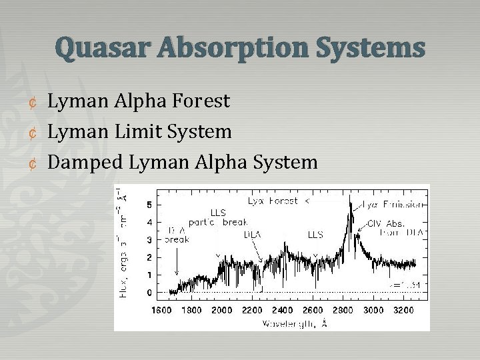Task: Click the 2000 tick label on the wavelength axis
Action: [222, 310]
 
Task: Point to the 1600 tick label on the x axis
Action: [161, 310]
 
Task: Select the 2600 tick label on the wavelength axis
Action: [313, 310]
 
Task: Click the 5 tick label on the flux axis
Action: [149, 204]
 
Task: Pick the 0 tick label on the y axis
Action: [149, 293]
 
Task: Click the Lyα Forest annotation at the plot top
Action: [275, 200]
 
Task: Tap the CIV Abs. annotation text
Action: [387, 224]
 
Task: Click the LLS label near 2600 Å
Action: [315, 235]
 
